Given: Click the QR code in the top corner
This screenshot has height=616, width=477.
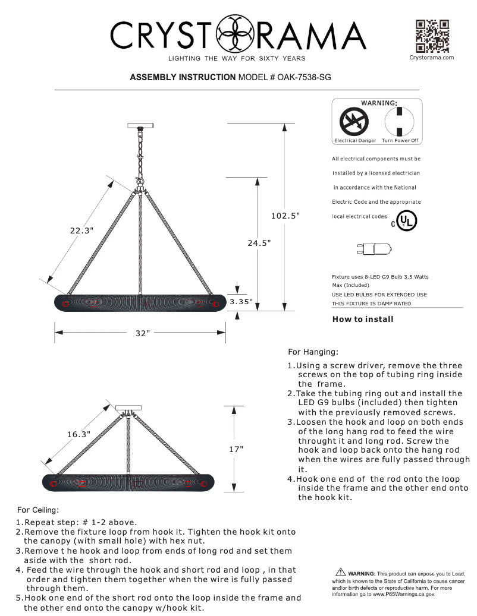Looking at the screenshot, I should point(432,36).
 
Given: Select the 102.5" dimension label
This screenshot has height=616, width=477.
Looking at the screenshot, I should point(285,216).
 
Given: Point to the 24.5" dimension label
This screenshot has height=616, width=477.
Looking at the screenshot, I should point(259,243).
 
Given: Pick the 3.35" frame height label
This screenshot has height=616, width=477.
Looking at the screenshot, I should point(241,302).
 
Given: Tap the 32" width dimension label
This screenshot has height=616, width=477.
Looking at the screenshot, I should point(140,333).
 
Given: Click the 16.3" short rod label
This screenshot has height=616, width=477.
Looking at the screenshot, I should point(79,434).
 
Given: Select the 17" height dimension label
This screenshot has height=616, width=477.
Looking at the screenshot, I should point(236,449).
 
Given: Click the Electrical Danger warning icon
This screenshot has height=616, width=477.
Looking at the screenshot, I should point(354,123).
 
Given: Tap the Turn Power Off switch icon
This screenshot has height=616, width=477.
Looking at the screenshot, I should point(400,122).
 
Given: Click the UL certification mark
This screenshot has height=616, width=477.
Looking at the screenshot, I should point(406,221).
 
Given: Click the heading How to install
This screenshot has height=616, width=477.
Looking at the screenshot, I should point(362,320).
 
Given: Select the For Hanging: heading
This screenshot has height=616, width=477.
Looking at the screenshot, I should point(313,352).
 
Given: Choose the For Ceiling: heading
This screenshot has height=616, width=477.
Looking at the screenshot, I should point(38,510).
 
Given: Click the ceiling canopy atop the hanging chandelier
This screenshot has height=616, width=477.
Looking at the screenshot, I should point(140,125).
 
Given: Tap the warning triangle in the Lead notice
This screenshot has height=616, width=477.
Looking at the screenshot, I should point(341,572).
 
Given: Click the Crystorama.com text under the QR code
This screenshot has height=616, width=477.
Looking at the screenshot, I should point(432,58).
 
